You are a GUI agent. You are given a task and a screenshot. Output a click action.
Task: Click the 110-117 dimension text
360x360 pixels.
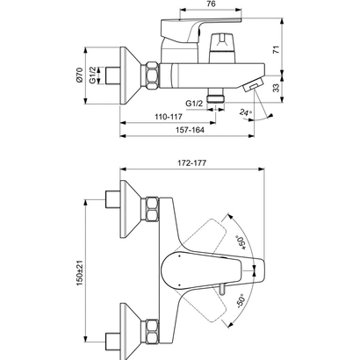coord(162,118)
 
